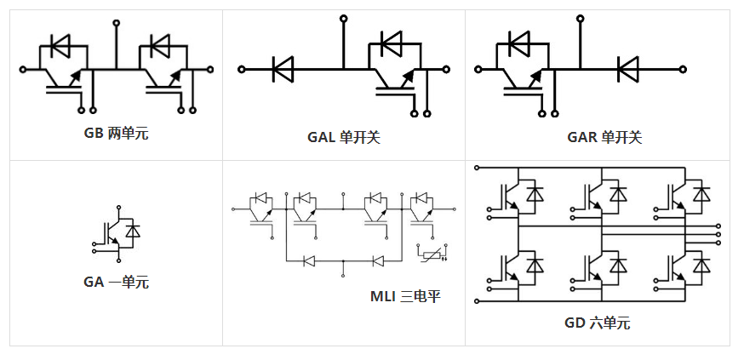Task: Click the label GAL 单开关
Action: click(343, 136)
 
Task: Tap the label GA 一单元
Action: click(116, 282)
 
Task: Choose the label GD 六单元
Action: click(596, 323)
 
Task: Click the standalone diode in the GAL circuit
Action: click(283, 68)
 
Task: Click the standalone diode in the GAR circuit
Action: click(628, 68)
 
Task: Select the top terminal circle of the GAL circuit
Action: click(344, 16)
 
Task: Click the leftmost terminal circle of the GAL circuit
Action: click(241, 68)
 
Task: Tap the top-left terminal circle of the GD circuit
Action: click(477, 167)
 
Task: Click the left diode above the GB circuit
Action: click(60, 43)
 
